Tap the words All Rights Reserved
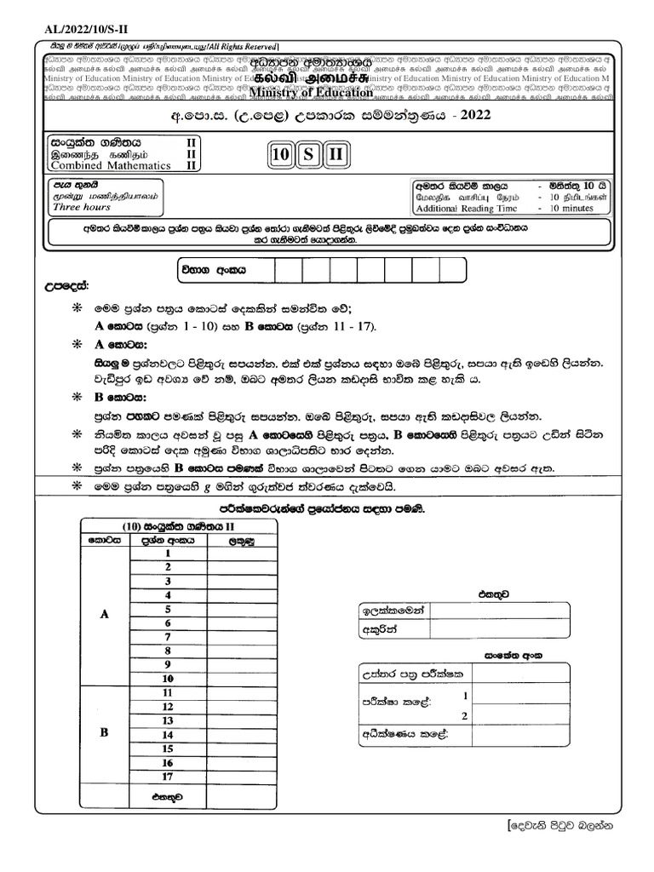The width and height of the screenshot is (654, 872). pos(244,45)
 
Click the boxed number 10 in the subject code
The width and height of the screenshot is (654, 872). pos(279,155)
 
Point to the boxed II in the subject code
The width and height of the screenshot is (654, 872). pos(336,155)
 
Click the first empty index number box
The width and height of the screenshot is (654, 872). pos(289,269)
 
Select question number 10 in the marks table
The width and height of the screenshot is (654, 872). pos(169,678)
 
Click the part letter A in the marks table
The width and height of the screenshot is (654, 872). pos(105,616)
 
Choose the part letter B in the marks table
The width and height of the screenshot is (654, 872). pos(105,731)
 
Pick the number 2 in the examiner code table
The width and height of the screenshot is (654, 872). pos(464,716)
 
